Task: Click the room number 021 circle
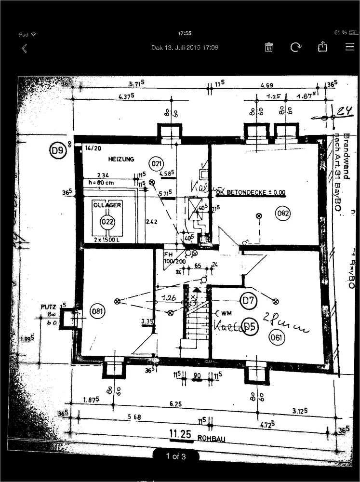156,163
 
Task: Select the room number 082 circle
284,213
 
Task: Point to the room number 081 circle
98,311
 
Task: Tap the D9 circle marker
58,151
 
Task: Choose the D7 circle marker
249,302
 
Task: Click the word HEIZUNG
121,159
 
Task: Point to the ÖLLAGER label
107,205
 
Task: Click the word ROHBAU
212,438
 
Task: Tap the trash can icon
269,47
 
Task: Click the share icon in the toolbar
322,47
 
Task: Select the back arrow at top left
24,48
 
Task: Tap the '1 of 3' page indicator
176,456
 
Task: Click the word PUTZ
49,307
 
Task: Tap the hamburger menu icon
349,47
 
